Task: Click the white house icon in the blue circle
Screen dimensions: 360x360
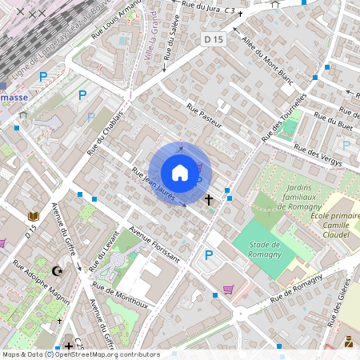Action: click(180, 173)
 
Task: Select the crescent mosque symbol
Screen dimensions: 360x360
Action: click(56, 272)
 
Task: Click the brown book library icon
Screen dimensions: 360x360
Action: click(34, 216)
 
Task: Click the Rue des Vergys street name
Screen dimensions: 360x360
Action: click(318, 154)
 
